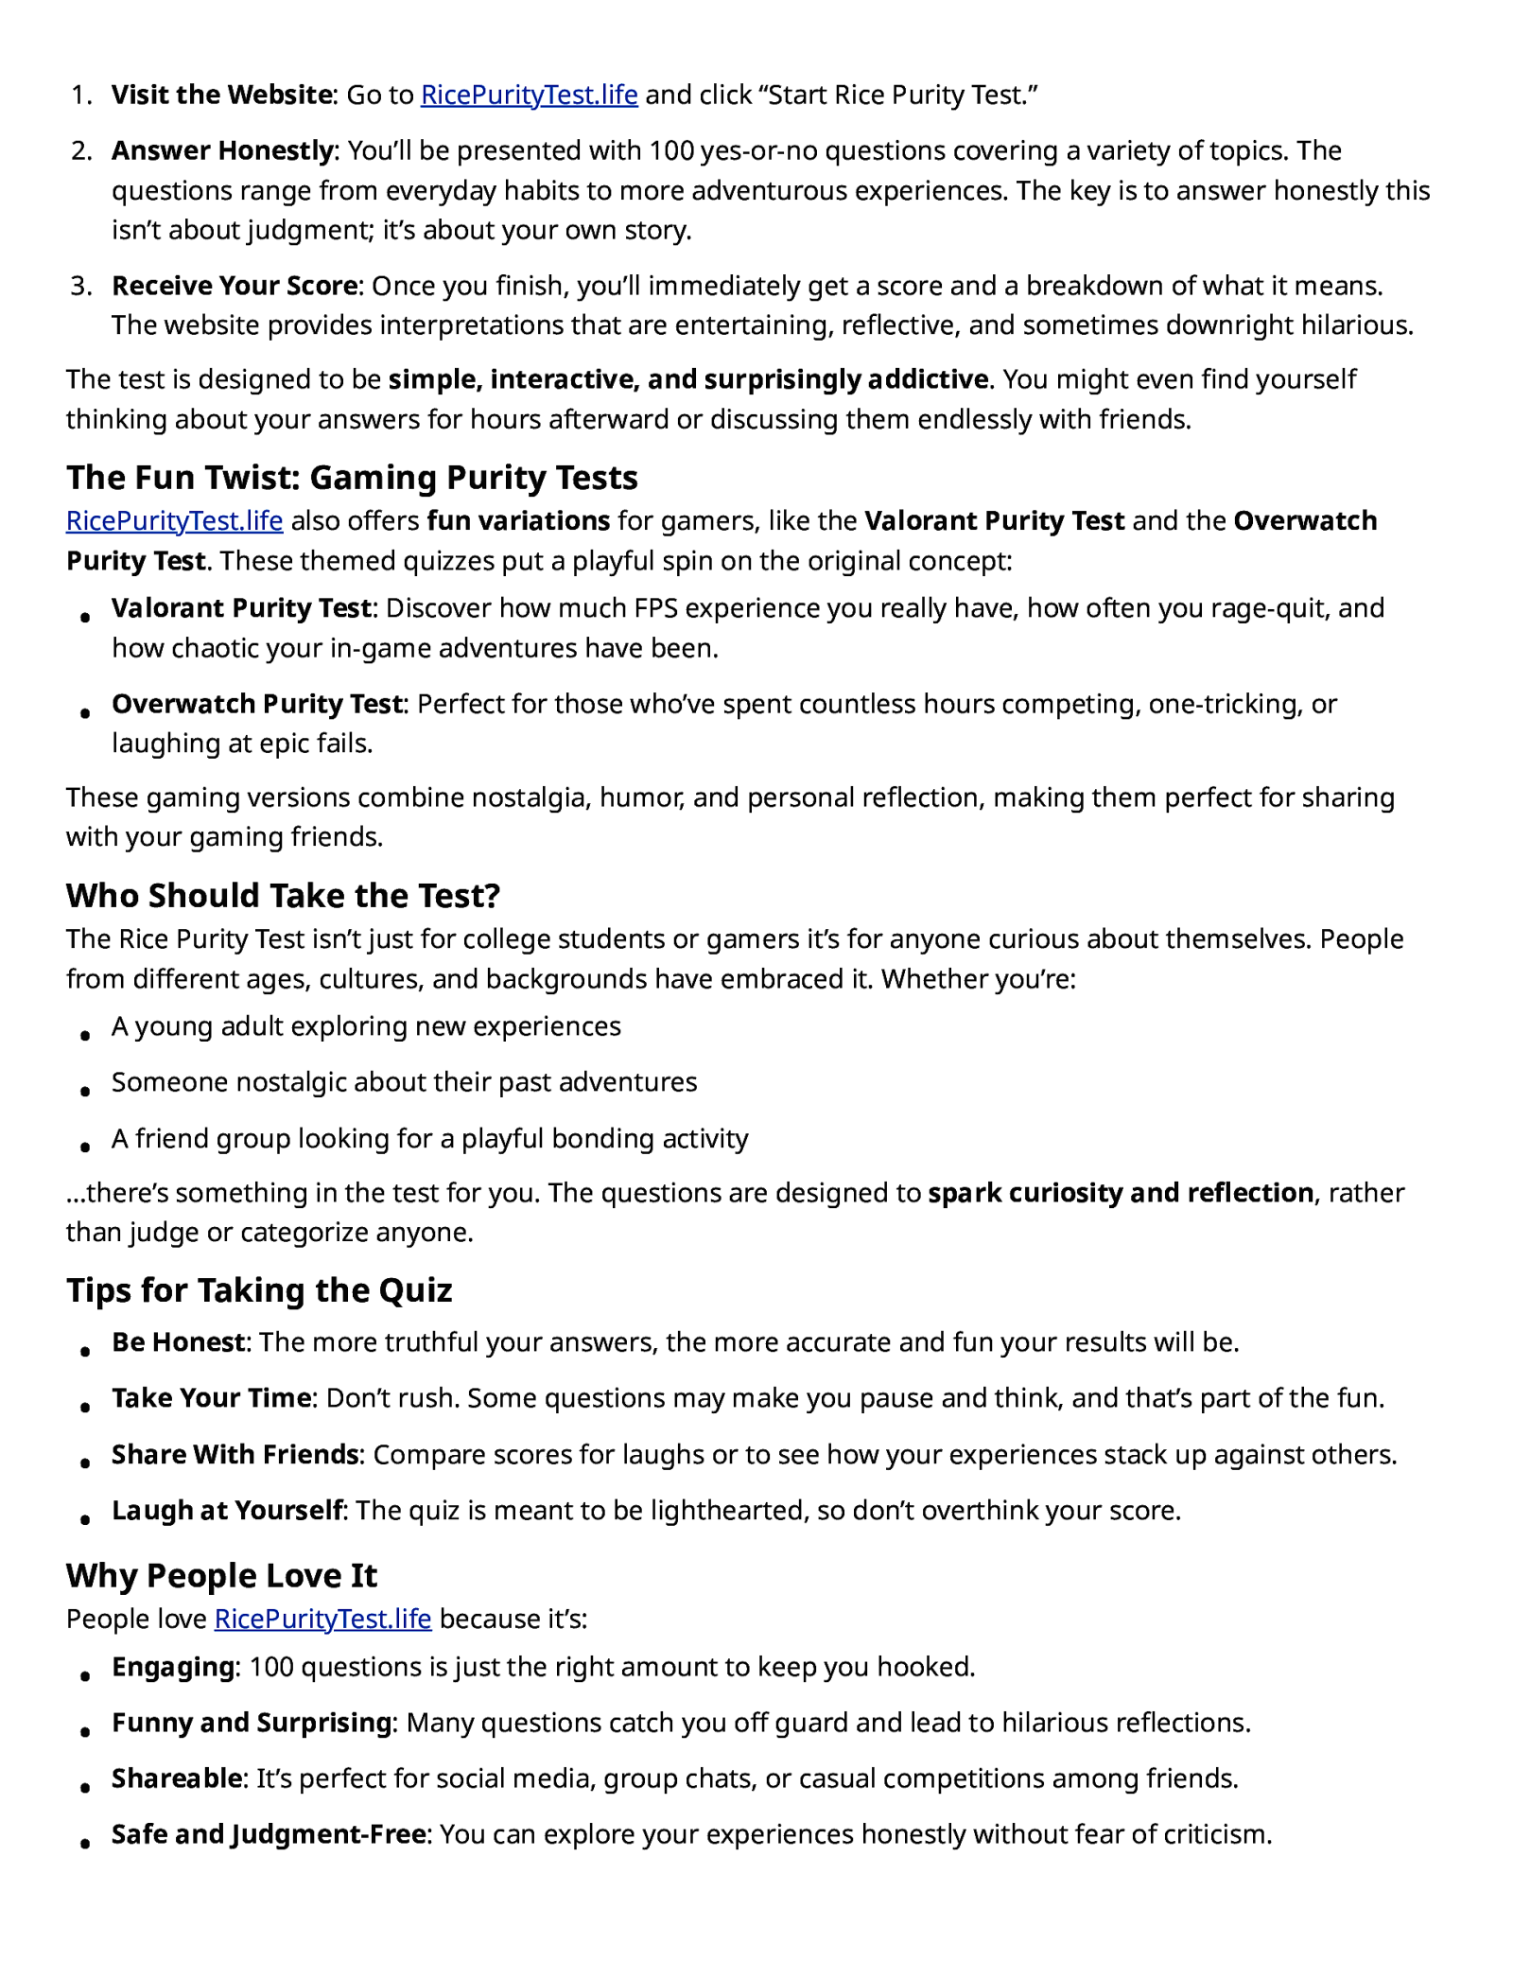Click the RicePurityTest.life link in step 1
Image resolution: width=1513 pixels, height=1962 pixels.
529,95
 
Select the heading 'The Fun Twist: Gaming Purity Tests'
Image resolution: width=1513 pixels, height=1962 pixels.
352,478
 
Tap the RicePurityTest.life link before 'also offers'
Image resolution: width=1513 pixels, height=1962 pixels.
174,521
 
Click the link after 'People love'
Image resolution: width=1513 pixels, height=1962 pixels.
322,1619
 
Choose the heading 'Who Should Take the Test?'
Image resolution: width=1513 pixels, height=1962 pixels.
283,895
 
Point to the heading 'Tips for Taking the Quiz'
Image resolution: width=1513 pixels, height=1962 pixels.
259,1290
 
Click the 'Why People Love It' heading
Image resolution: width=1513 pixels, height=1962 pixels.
221,1575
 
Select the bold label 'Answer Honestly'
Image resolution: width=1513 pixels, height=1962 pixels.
222,150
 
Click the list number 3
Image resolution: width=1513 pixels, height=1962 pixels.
81,286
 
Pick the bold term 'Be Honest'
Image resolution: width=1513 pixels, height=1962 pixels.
178,1342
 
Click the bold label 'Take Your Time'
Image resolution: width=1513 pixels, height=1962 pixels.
211,1398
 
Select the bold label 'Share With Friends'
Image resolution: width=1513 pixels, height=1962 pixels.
235,1454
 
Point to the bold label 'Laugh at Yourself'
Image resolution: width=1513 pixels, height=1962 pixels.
227,1511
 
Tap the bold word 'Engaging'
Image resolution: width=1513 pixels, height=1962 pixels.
173,1667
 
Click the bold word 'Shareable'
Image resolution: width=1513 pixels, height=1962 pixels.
177,1778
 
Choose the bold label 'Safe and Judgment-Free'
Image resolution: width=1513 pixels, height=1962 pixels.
269,1834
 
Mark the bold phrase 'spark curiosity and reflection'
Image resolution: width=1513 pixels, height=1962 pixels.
1121,1193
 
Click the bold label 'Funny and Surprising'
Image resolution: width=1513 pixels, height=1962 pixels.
252,1723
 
